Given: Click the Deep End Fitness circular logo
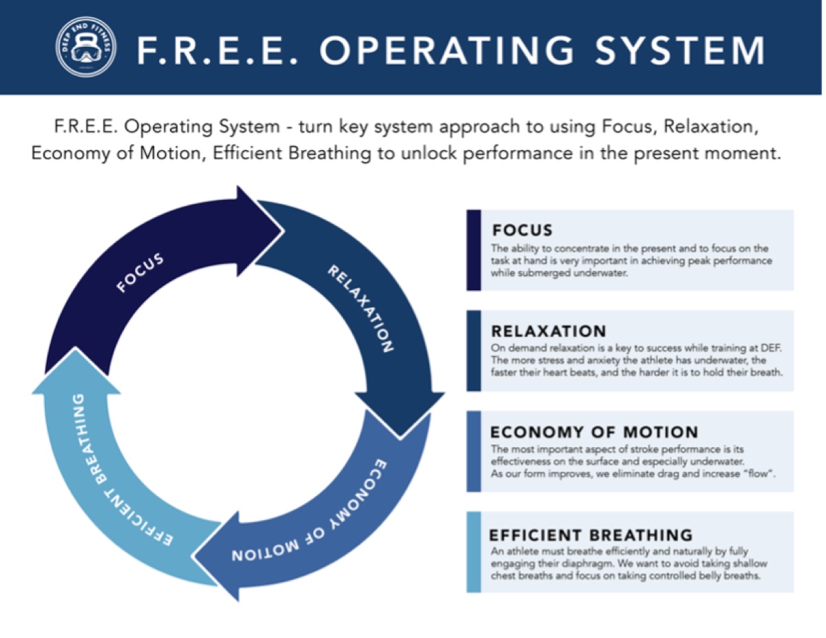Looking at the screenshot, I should (86, 48).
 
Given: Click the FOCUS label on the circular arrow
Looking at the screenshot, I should (140, 274).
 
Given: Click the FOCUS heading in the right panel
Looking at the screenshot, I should (522, 230).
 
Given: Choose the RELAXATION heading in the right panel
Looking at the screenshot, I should (549, 331).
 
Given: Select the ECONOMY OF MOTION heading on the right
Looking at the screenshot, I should (594, 432).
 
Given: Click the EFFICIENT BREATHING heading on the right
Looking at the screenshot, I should (591, 534).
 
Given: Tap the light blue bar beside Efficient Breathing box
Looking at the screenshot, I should (474, 551).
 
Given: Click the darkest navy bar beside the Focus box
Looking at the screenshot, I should (474, 249).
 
